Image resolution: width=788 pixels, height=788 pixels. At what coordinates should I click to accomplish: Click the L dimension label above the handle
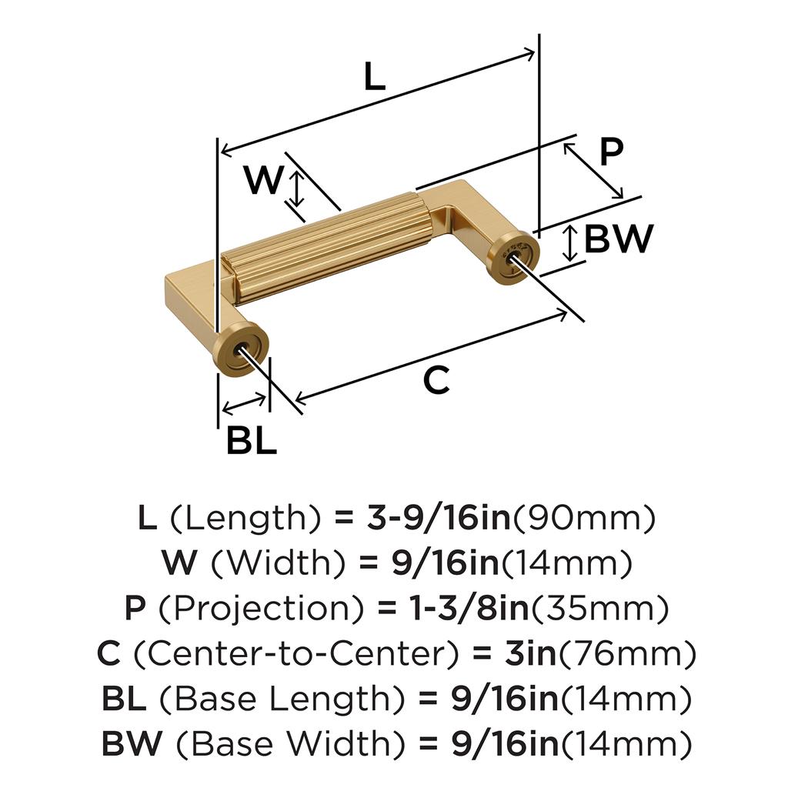[x=374, y=77]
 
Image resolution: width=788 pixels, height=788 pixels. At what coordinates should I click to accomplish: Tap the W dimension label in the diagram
[x=263, y=182]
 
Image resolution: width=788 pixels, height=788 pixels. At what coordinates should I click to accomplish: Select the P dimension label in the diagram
[x=610, y=153]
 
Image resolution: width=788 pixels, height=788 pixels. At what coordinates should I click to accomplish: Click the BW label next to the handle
[x=619, y=240]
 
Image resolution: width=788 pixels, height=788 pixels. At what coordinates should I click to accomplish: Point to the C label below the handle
[x=436, y=381]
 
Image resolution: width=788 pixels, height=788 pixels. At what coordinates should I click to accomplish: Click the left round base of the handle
[x=242, y=352]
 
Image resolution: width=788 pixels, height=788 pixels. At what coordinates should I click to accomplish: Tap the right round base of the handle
[x=511, y=255]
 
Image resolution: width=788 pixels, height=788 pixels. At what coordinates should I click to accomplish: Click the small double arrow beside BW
[x=569, y=242]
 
